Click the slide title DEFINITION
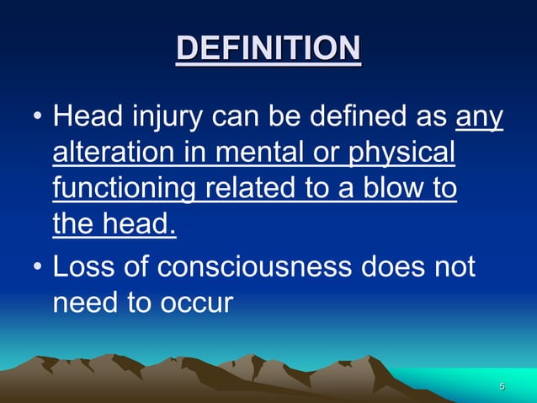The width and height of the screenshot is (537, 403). pyautogui.click(x=268, y=49)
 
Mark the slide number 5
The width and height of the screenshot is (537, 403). pyautogui.click(x=502, y=387)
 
